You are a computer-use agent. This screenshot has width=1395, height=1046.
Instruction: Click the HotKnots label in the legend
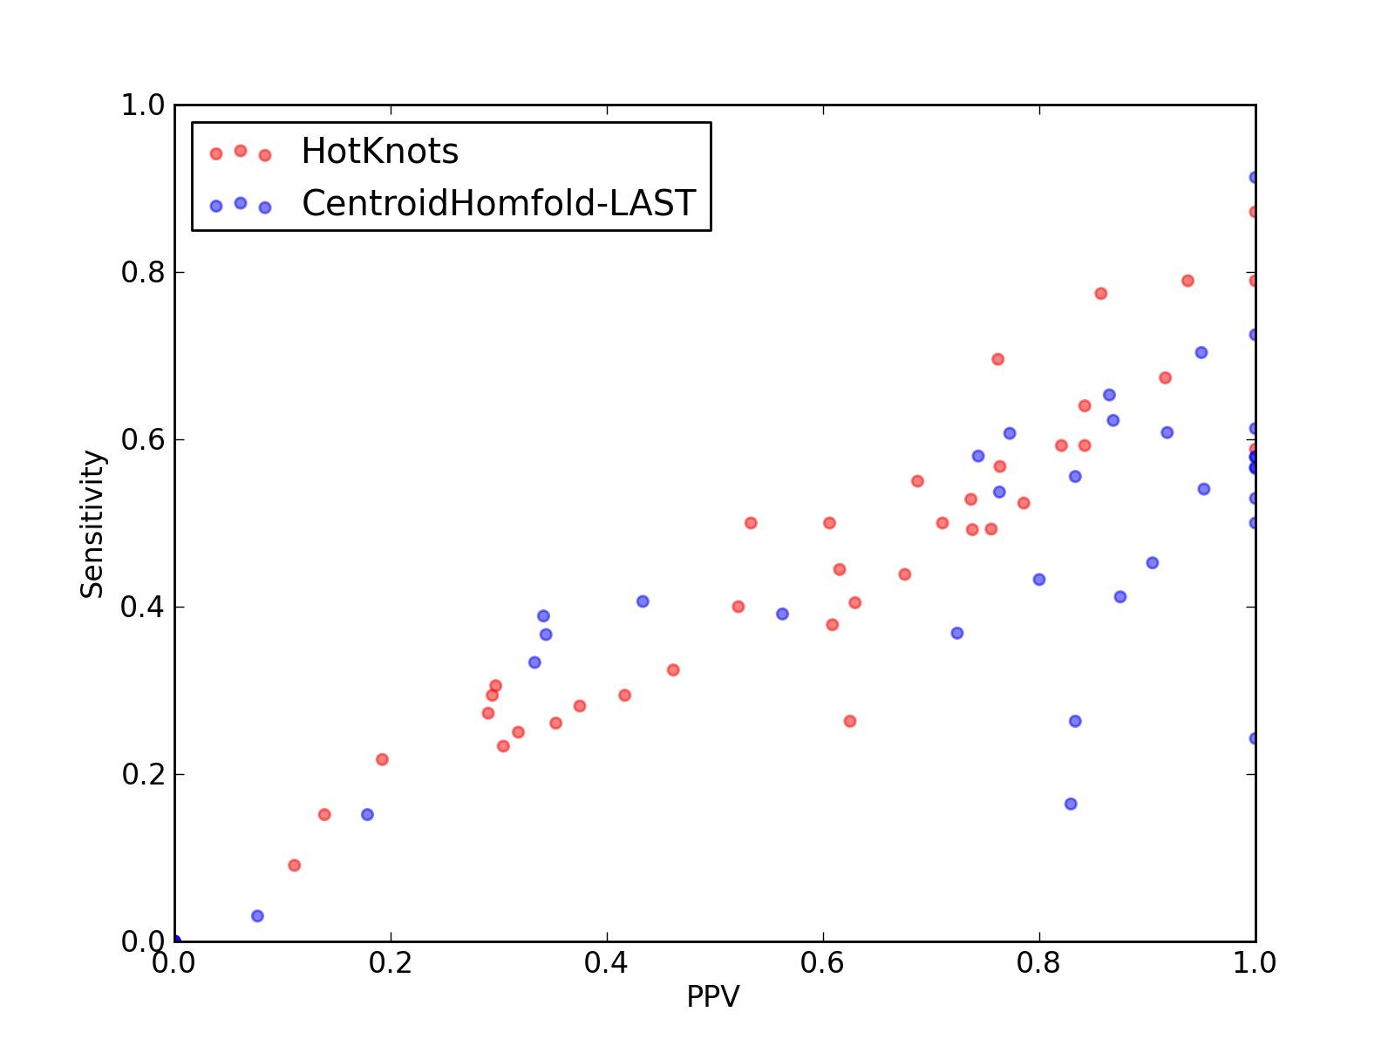point(379,151)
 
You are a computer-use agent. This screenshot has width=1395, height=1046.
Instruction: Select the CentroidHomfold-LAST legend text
point(499,203)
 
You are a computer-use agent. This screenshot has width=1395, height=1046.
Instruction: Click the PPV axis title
point(713,996)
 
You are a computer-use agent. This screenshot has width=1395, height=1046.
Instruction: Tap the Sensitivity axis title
point(92,524)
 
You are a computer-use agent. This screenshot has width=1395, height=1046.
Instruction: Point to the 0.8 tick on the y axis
point(143,273)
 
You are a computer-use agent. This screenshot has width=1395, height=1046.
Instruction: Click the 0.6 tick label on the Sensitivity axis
point(143,439)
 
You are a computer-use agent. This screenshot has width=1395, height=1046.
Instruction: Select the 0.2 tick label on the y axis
point(143,774)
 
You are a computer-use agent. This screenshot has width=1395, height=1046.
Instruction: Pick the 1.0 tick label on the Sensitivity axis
point(143,105)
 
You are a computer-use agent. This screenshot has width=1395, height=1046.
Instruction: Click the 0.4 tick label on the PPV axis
point(606,963)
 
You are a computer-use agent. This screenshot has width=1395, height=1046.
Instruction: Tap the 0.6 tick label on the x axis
point(822,963)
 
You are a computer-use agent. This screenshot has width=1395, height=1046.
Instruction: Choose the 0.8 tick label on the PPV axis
point(1038,963)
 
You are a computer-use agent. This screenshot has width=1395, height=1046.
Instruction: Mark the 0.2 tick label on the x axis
point(391,963)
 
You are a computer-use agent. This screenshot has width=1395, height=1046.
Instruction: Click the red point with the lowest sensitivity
point(294,865)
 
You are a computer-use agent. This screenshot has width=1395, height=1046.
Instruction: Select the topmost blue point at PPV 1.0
point(1253,177)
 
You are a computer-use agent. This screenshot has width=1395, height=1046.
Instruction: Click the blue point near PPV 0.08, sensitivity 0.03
point(257,916)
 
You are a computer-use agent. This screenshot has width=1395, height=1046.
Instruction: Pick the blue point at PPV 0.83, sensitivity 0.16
point(1071,804)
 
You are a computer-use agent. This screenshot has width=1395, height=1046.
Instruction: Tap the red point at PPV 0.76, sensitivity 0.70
point(997,359)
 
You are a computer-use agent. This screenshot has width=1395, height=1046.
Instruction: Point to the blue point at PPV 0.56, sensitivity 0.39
point(782,615)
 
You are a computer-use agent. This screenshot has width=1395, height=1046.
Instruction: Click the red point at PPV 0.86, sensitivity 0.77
point(1101,294)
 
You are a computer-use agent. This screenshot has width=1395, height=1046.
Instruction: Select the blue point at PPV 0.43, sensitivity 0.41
point(643,601)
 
